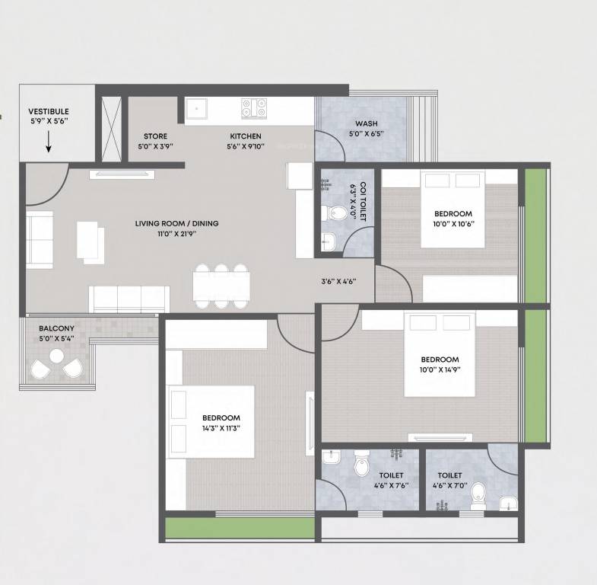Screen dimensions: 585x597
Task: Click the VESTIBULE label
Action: point(49,111)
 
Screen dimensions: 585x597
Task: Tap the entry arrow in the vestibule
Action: point(49,142)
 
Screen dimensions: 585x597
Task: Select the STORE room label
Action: point(155,136)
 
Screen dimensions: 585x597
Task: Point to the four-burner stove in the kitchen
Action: point(254,108)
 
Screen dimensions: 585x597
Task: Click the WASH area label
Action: point(367,124)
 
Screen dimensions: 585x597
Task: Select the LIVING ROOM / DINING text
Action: point(176,223)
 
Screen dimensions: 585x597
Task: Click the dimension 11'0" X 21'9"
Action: point(176,233)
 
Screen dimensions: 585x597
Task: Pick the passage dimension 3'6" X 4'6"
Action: point(338,281)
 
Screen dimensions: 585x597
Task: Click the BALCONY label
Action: point(57,328)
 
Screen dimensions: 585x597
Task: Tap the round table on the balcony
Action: point(56,356)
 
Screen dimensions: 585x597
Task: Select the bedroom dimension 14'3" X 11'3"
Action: point(221,428)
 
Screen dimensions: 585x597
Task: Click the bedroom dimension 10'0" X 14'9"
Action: point(440,370)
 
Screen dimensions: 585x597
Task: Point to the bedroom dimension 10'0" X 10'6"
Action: point(453,224)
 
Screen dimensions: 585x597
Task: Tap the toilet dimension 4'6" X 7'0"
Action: point(449,484)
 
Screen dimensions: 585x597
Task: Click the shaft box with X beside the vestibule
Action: point(111,128)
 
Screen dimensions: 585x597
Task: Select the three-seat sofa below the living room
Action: point(129,299)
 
